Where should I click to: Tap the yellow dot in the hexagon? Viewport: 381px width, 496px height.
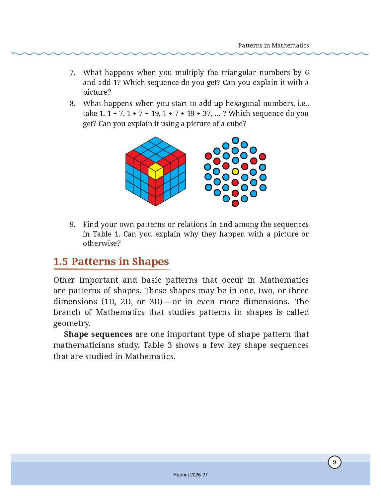tap(235, 171)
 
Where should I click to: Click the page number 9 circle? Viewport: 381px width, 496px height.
tap(334, 462)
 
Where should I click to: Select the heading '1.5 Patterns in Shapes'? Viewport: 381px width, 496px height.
tap(111, 261)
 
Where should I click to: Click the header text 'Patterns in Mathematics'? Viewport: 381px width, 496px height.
tap(273, 46)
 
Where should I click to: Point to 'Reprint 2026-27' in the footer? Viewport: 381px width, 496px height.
tap(190, 475)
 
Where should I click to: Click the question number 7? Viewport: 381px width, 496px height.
tap(72, 72)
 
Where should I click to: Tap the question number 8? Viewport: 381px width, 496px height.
tap(72, 104)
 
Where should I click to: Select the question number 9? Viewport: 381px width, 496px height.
tap(72, 224)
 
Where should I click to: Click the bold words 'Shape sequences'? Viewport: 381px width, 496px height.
tap(98, 334)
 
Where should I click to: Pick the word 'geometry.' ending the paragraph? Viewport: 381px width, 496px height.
tap(72, 323)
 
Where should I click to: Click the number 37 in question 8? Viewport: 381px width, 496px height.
tap(206, 113)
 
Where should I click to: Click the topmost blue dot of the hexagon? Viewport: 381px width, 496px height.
tap(235, 141)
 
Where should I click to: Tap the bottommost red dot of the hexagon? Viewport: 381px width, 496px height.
tap(235, 203)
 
